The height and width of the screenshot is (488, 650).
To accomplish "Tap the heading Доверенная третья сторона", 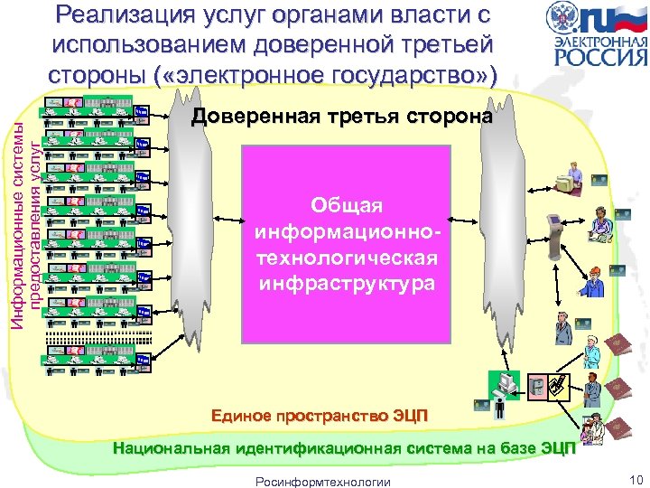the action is [342, 117].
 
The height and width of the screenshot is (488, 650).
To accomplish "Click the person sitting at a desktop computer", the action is [570, 176].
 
